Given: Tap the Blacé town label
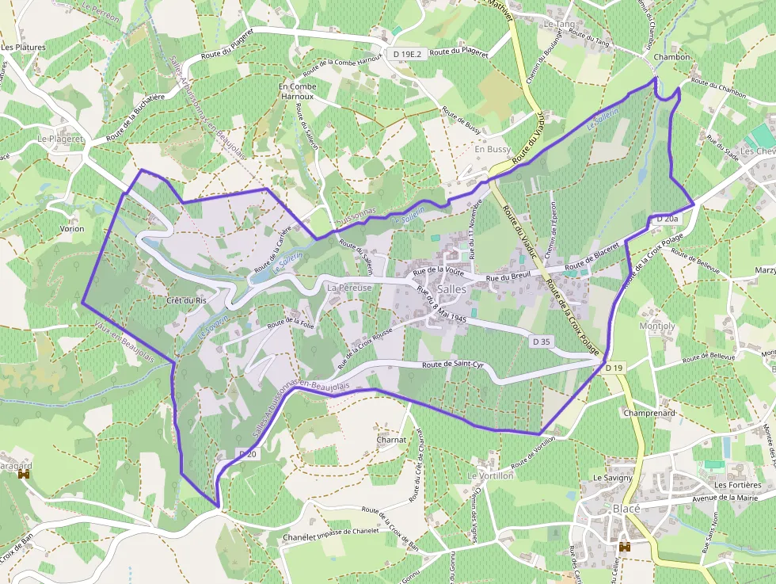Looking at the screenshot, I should [x=626, y=508].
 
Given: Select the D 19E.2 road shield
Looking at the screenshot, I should [x=409, y=53].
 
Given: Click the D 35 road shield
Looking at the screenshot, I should [x=542, y=340].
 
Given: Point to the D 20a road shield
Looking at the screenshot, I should [x=668, y=218].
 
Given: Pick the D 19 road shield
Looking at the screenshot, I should [x=615, y=368].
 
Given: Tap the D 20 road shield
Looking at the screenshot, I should [x=247, y=454].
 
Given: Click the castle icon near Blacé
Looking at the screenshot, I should [x=625, y=547].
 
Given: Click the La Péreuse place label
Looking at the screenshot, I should [x=349, y=288].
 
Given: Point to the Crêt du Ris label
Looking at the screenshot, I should [x=186, y=301].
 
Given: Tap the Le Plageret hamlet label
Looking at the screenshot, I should [x=60, y=138].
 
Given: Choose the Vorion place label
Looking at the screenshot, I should [x=72, y=228].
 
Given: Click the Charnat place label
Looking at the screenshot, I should [x=391, y=439].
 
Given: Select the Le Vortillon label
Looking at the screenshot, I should [x=490, y=475].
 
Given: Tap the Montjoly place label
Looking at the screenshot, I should [x=656, y=326].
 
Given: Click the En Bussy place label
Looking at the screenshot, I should [x=493, y=149].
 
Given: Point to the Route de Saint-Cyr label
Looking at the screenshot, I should [x=453, y=365].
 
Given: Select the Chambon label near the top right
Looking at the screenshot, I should [x=673, y=57].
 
